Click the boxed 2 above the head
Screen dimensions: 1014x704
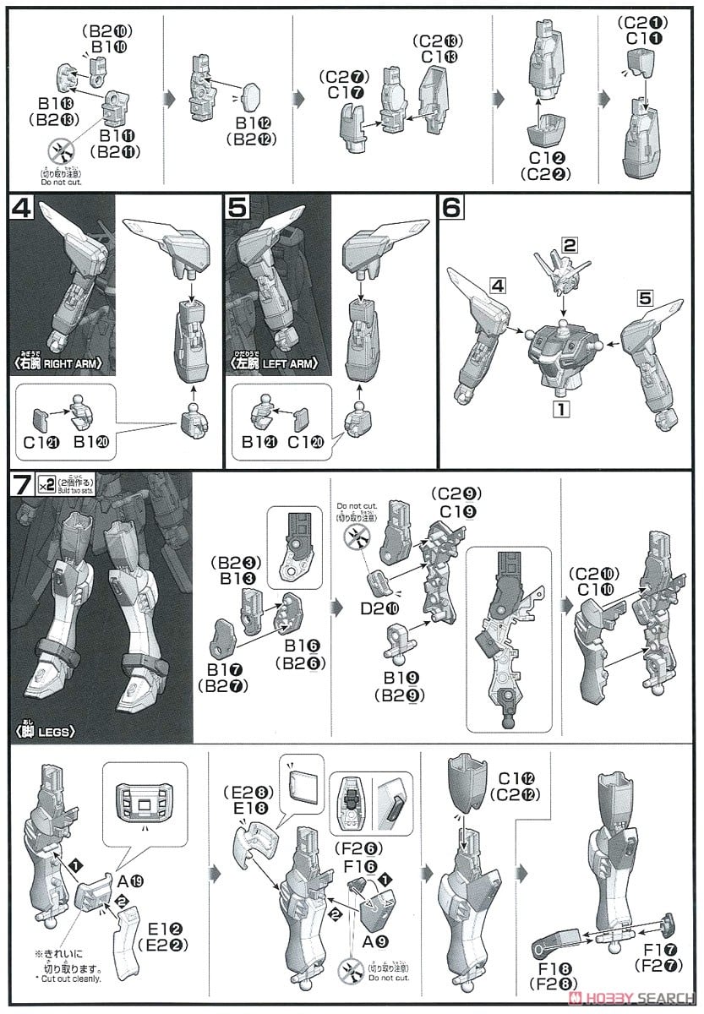click(x=570, y=247)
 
